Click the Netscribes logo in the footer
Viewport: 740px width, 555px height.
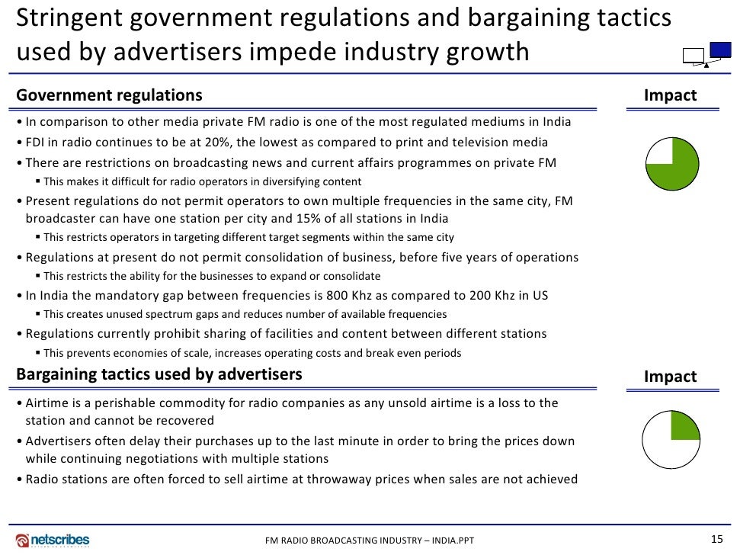pos(53,540)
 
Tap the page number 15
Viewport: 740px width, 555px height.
pos(716,539)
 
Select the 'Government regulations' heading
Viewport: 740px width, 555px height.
pos(109,95)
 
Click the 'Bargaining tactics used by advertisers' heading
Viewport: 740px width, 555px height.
pos(159,374)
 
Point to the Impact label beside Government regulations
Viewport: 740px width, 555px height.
pos(670,95)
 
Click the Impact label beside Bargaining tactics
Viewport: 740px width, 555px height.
pos(670,377)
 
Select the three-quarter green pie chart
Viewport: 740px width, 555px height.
pos(671,164)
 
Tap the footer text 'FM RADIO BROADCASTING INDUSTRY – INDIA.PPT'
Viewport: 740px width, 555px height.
pos(370,541)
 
